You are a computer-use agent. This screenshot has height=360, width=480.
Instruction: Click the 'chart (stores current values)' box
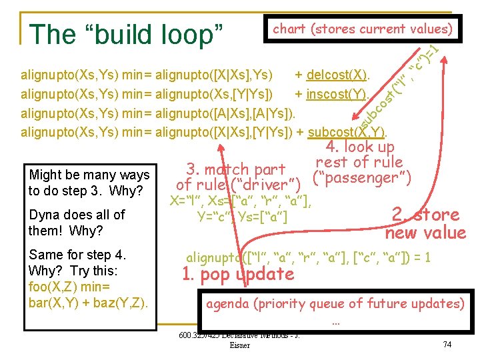tap(363, 29)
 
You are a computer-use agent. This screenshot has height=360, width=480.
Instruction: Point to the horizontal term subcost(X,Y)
tap(349, 131)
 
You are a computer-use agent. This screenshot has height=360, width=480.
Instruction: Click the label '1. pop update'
tap(238, 274)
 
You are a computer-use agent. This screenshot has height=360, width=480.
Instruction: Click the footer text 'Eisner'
tap(239, 345)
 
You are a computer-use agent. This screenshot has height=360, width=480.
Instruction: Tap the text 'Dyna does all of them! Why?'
tap(77, 223)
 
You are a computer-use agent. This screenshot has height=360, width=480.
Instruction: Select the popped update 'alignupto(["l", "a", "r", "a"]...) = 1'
tap(308, 257)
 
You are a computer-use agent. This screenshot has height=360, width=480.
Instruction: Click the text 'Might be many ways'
tap(89, 175)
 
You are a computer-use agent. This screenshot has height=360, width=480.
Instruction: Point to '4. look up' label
tap(360, 147)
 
